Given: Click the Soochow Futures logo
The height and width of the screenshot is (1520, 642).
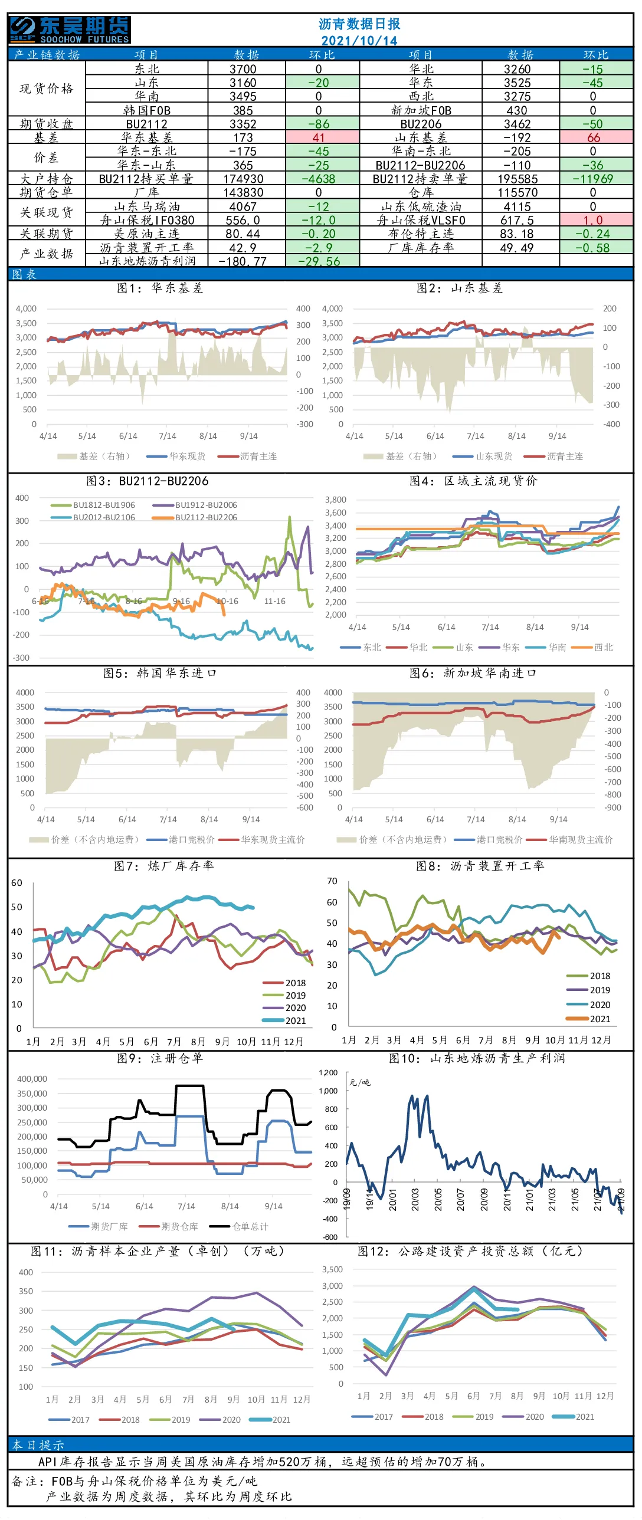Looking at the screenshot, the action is (x=70, y=29).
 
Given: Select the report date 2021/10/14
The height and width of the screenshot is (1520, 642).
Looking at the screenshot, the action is (x=359, y=41).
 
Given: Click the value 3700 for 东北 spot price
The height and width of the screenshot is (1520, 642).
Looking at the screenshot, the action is (x=243, y=69).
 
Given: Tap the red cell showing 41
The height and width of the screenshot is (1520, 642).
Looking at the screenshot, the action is (x=319, y=137).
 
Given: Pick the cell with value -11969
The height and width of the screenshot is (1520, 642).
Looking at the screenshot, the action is (x=593, y=179).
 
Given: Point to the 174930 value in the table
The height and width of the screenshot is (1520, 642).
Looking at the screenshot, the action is (x=243, y=179).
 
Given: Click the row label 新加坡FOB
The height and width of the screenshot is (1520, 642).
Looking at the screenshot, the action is (x=421, y=110).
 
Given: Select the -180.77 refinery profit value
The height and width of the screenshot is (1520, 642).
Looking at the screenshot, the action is (x=243, y=261).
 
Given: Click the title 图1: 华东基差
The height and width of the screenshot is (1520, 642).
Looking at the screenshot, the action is (x=160, y=288).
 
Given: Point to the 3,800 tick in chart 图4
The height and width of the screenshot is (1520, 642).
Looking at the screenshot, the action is (x=335, y=500).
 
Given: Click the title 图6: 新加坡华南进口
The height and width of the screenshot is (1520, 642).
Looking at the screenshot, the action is (x=473, y=673).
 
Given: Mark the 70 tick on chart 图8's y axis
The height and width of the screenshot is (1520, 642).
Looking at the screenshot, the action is (x=332, y=881).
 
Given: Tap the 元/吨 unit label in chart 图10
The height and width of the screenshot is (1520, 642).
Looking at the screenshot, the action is (x=359, y=1082).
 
